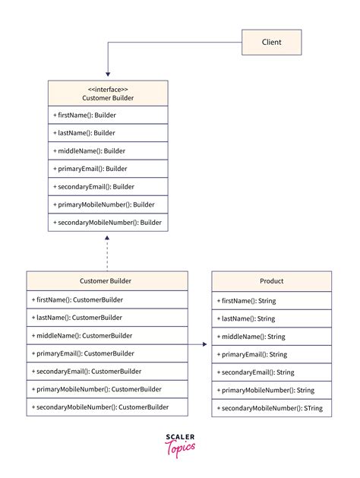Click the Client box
point(271,42)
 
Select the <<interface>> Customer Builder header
point(107,93)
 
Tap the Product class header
point(271,280)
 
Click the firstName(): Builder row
point(107,116)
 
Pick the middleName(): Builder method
point(107,151)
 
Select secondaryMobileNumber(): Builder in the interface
point(107,223)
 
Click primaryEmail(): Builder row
point(107,169)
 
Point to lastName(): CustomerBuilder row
point(107,318)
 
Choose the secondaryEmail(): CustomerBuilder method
point(107,372)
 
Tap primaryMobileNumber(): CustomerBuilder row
point(107,390)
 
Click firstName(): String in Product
point(271,300)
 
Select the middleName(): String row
point(271,336)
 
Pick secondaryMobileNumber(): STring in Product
point(271,408)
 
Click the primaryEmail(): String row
point(271,354)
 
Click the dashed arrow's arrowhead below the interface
point(107,237)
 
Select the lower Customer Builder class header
point(107,280)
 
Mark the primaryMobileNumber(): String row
point(271,390)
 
